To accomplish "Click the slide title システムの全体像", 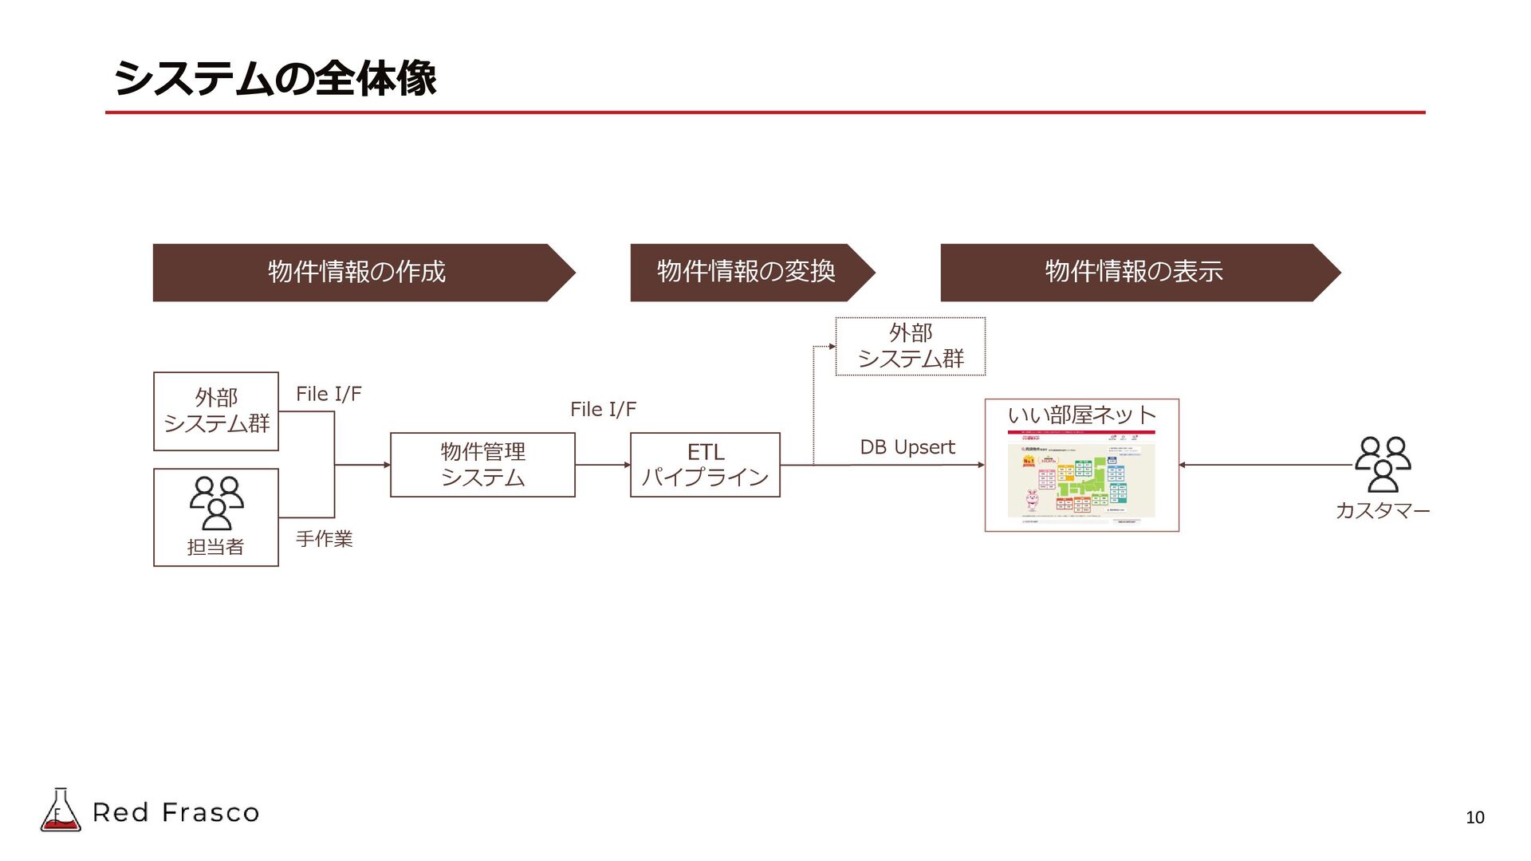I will tap(275, 78).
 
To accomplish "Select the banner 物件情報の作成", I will tap(356, 272).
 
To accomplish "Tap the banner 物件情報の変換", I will tap(746, 272).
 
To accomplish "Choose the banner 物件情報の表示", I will tap(1133, 272).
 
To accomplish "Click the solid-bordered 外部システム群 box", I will tap(216, 411).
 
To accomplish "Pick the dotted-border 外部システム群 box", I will tap(910, 346).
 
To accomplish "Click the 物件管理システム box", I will tap(482, 465).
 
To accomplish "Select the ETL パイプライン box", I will tap(705, 465).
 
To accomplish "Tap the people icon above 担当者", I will tap(216, 503).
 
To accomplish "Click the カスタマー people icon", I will tap(1383, 464).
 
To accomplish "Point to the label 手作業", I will tap(324, 539).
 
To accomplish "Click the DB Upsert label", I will tap(907, 447).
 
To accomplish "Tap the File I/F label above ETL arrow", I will tap(603, 410).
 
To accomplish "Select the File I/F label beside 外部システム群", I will tap(329, 394).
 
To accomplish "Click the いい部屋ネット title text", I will tap(1081, 415).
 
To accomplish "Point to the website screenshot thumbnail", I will tap(1081, 477).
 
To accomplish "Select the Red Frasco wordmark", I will tap(176, 812).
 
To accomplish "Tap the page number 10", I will tap(1474, 817).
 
